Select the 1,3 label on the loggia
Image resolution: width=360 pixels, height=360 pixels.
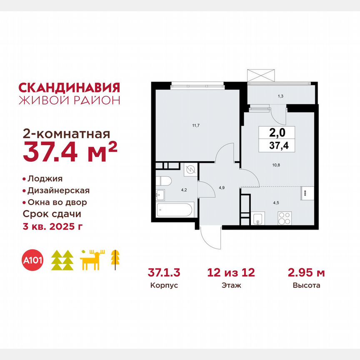[281, 97]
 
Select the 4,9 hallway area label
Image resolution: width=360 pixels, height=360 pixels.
[222, 187]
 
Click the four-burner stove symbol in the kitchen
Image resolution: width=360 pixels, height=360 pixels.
[285, 218]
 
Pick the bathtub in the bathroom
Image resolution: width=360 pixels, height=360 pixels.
[174, 211]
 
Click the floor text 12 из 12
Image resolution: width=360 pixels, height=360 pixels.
[231, 273]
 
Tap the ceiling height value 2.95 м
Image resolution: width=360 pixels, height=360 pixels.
[306, 273]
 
